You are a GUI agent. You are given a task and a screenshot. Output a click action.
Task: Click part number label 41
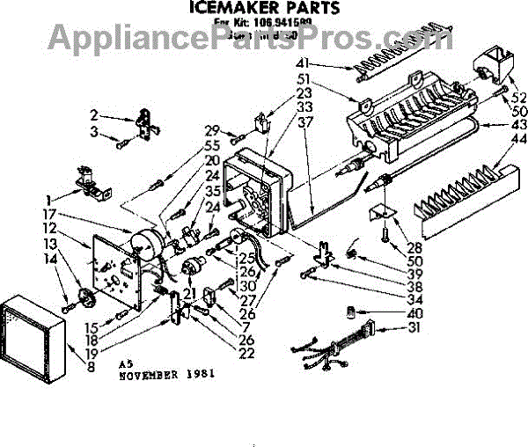(328, 62)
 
